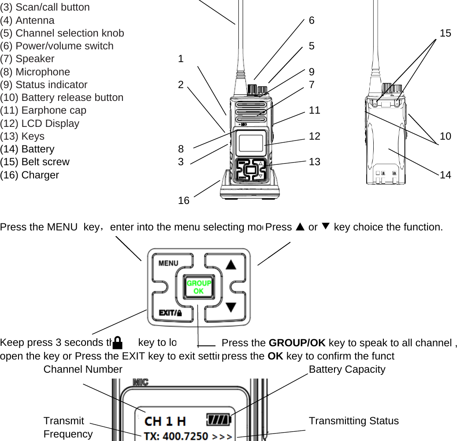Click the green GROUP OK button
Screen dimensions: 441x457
pos(198,287)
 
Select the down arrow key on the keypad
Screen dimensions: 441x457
pos(230,307)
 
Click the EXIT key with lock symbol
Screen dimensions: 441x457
pos(170,313)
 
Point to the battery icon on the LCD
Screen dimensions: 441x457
pos(219,419)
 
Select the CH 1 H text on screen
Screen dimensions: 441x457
pos(165,421)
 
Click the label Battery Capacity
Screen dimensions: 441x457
pos(347,369)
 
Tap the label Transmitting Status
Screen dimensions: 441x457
pos(353,421)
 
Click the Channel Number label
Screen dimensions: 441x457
pos(83,369)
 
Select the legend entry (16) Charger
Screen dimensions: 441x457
pos(30,175)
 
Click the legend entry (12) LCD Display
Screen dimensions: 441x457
pos(40,123)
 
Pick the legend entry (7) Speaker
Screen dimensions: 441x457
pos(27,59)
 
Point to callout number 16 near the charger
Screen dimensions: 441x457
pos(183,200)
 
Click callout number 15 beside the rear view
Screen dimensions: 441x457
pos(445,33)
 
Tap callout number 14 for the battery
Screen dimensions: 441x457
pos(445,174)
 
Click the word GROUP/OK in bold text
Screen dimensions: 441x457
pos(297,343)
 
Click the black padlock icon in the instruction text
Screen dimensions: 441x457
pos(118,342)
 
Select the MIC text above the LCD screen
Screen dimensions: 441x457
pos(141,382)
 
